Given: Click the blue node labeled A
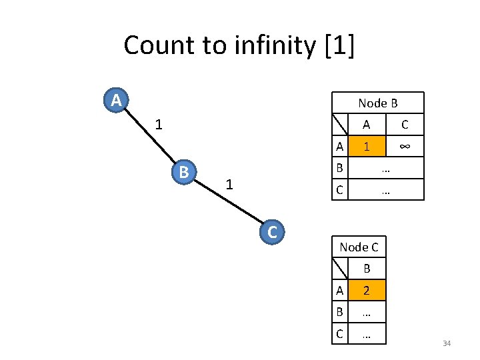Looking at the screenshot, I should tap(116, 101).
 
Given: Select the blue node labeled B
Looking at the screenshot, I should tap(183, 172).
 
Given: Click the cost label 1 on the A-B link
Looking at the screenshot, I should tap(157, 124).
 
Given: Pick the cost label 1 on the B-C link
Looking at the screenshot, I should tap(229, 184).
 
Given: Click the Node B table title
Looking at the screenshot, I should tap(377, 103).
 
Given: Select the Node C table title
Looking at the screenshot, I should tap(359, 247).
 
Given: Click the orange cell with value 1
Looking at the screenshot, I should tap(366, 146).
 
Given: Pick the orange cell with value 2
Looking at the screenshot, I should tap(366, 290).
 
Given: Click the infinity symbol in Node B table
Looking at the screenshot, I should tap(404, 146).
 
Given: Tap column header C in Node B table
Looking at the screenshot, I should tap(404, 125).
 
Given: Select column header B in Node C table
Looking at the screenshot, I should tap(366, 269).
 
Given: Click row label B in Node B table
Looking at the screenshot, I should tap(340, 168).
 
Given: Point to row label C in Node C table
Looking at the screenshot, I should tap(340, 333).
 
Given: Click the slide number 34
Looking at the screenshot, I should tap(447, 343).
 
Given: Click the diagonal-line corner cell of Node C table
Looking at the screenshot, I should tap(340, 269).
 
